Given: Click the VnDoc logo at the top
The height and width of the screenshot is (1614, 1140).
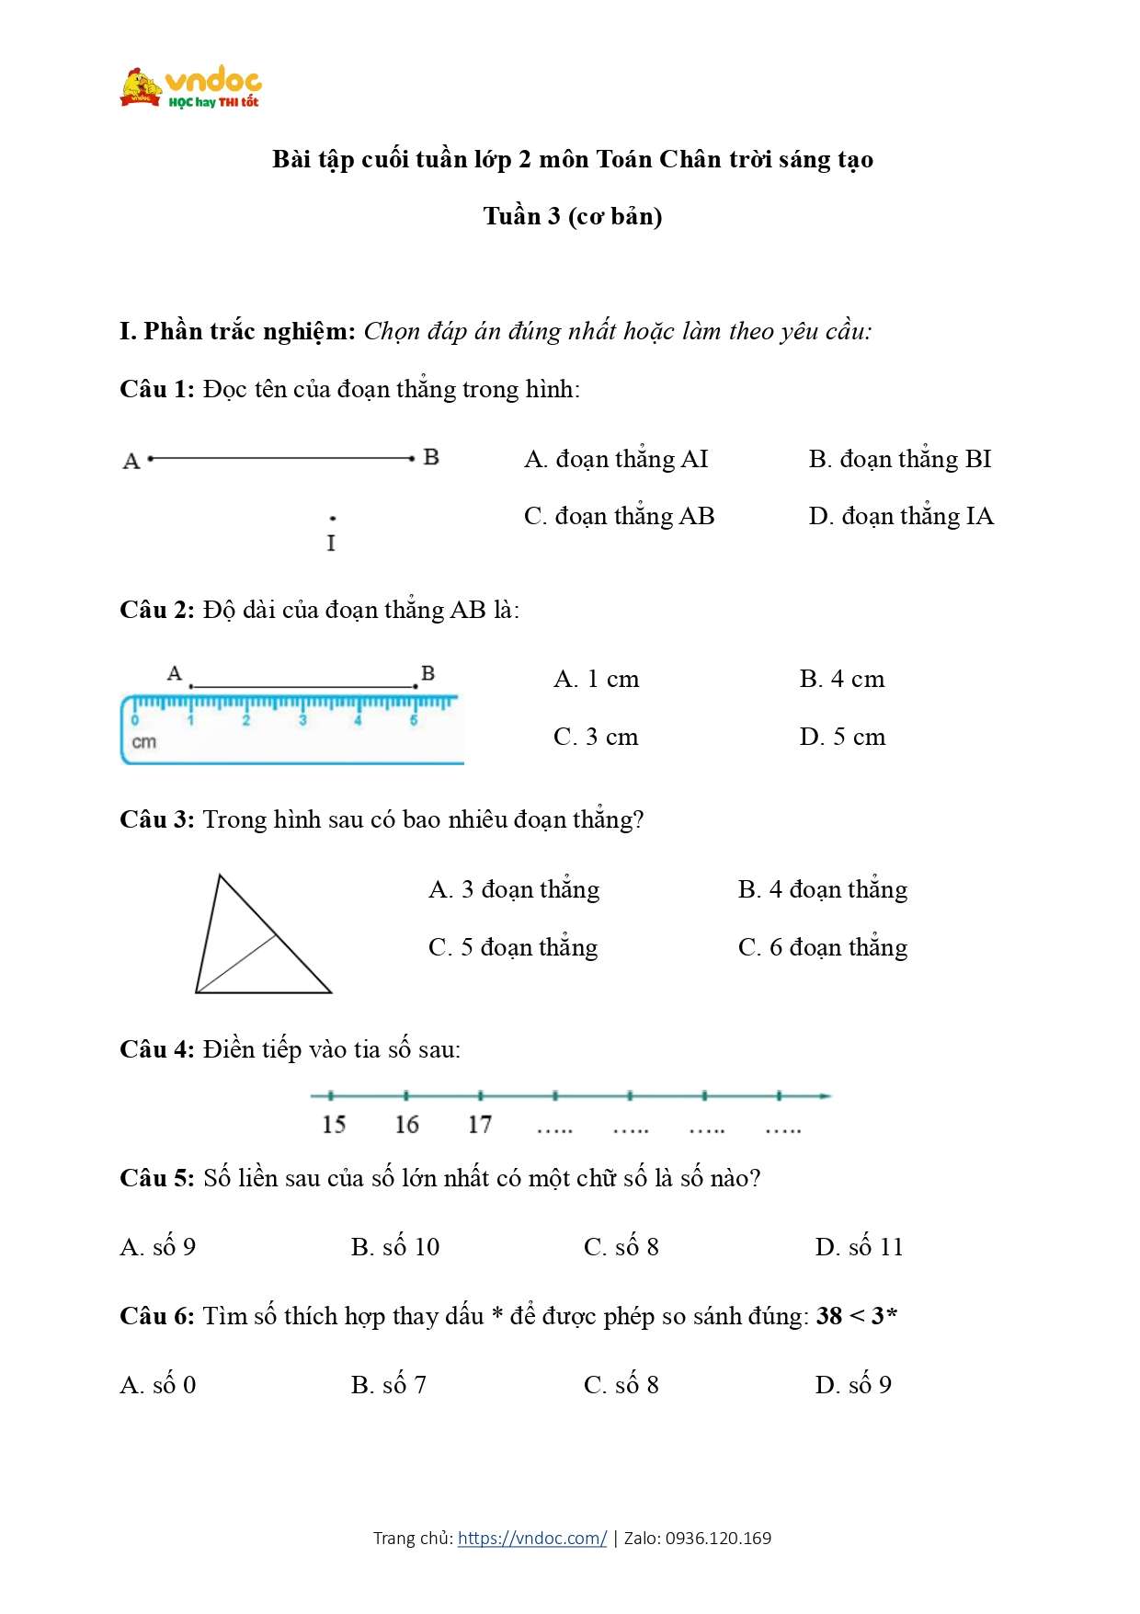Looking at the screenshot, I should point(190,88).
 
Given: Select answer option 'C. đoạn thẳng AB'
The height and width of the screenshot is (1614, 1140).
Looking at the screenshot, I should point(619,517).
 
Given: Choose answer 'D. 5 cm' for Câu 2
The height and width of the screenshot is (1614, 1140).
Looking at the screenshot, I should point(842,738).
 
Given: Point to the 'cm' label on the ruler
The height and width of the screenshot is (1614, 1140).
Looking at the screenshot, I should point(144,742).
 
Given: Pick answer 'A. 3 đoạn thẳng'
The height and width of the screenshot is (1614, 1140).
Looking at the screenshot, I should point(514,890).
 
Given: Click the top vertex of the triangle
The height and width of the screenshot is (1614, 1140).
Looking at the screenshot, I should point(219,876).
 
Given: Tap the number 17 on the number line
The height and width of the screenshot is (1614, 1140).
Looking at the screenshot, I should point(480,1125).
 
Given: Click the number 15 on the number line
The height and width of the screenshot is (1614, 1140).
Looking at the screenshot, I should point(334,1125).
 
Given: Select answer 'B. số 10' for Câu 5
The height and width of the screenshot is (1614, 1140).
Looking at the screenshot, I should point(395,1248).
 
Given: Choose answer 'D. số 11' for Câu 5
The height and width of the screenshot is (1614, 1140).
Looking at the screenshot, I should point(859,1248).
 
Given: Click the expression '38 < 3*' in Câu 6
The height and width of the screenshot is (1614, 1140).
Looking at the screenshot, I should point(856,1317).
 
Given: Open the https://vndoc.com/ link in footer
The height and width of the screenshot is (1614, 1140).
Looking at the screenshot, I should point(532,1539).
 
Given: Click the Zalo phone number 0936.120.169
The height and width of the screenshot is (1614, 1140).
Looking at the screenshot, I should point(718,1539).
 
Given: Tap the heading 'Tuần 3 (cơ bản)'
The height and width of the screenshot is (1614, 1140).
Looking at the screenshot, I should point(573,217).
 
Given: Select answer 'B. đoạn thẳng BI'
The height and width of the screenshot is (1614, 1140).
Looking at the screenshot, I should point(900,460).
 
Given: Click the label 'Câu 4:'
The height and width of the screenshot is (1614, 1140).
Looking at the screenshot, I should point(156,1050).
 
